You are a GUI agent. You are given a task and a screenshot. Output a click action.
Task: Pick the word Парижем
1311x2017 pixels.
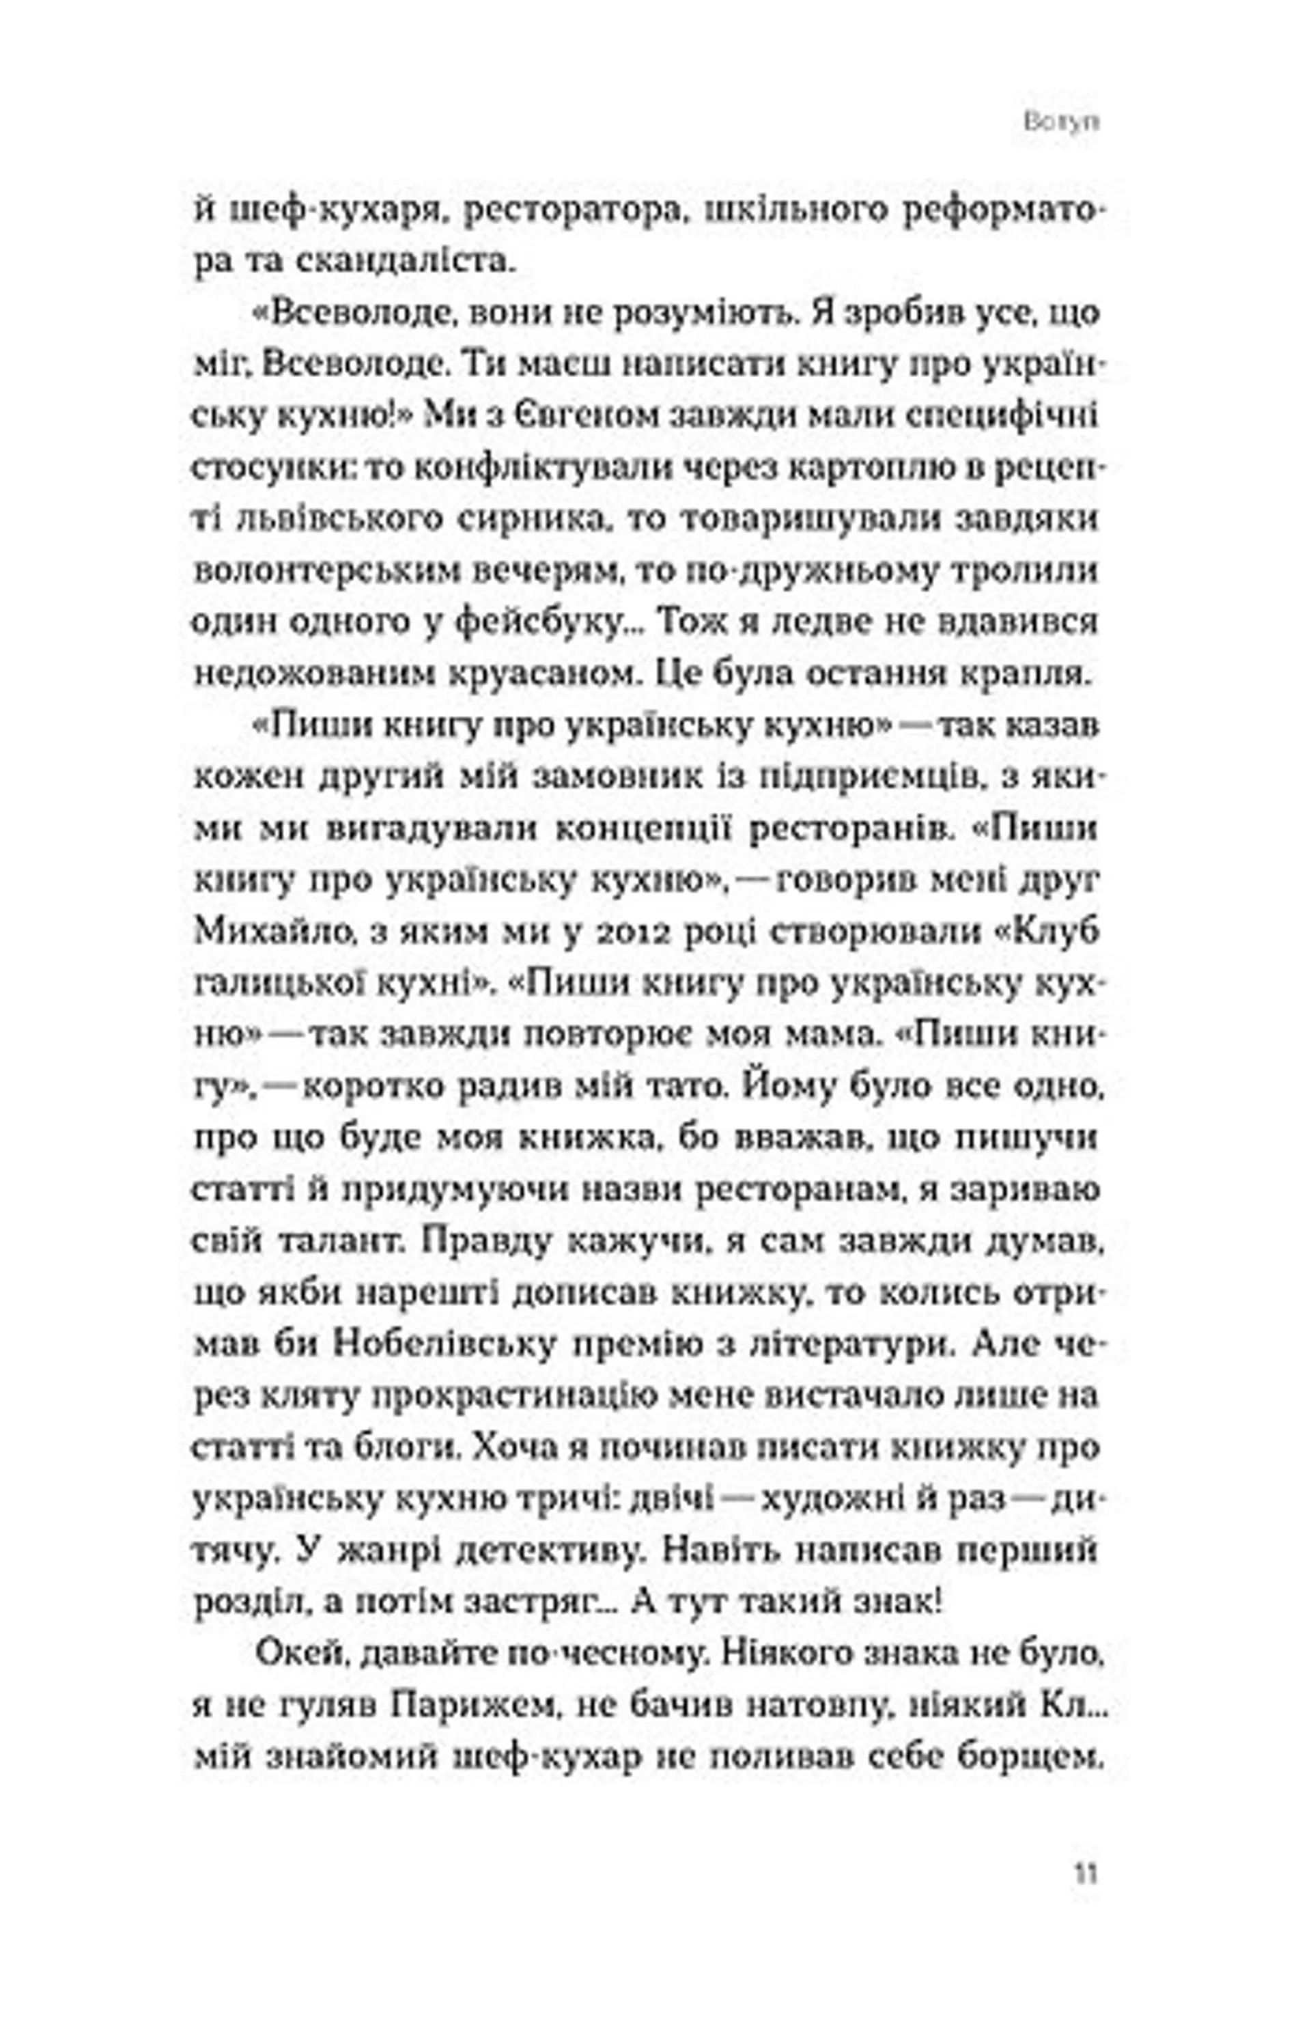pyautogui.click(x=471, y=1705)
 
